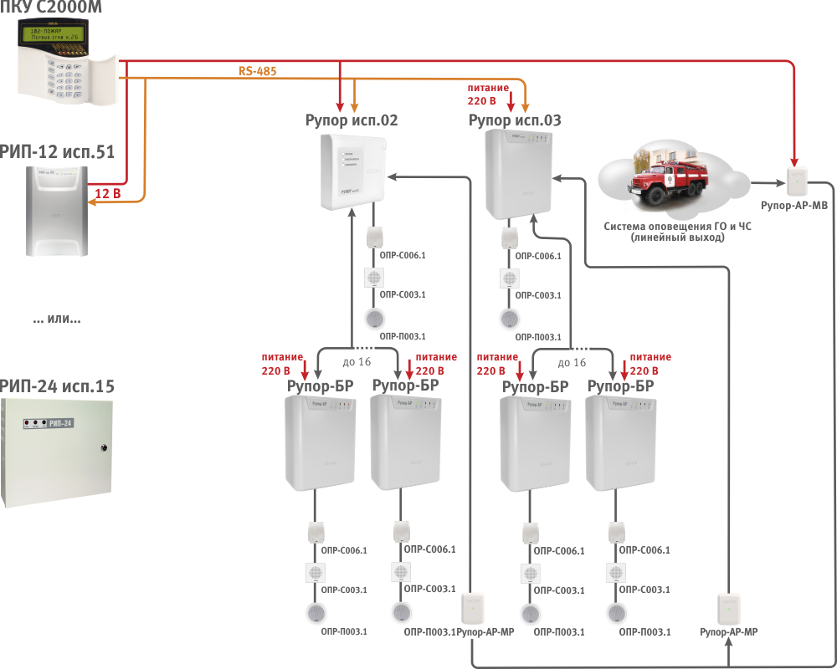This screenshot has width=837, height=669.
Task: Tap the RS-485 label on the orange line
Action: tap(257, 72)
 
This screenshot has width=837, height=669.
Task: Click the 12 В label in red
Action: tap(107, 193)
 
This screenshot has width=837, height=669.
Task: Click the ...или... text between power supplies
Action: tap(57, 319)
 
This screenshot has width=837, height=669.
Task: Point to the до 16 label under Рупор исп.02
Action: tap(357, 362)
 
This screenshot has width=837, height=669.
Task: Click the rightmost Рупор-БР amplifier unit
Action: tap(620, 442)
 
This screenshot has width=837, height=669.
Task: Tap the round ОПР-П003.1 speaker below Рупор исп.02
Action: tap(374, 319)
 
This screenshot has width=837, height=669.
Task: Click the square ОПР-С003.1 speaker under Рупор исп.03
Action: tap(507, 278)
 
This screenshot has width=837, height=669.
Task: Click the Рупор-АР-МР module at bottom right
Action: tap(728, 605)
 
